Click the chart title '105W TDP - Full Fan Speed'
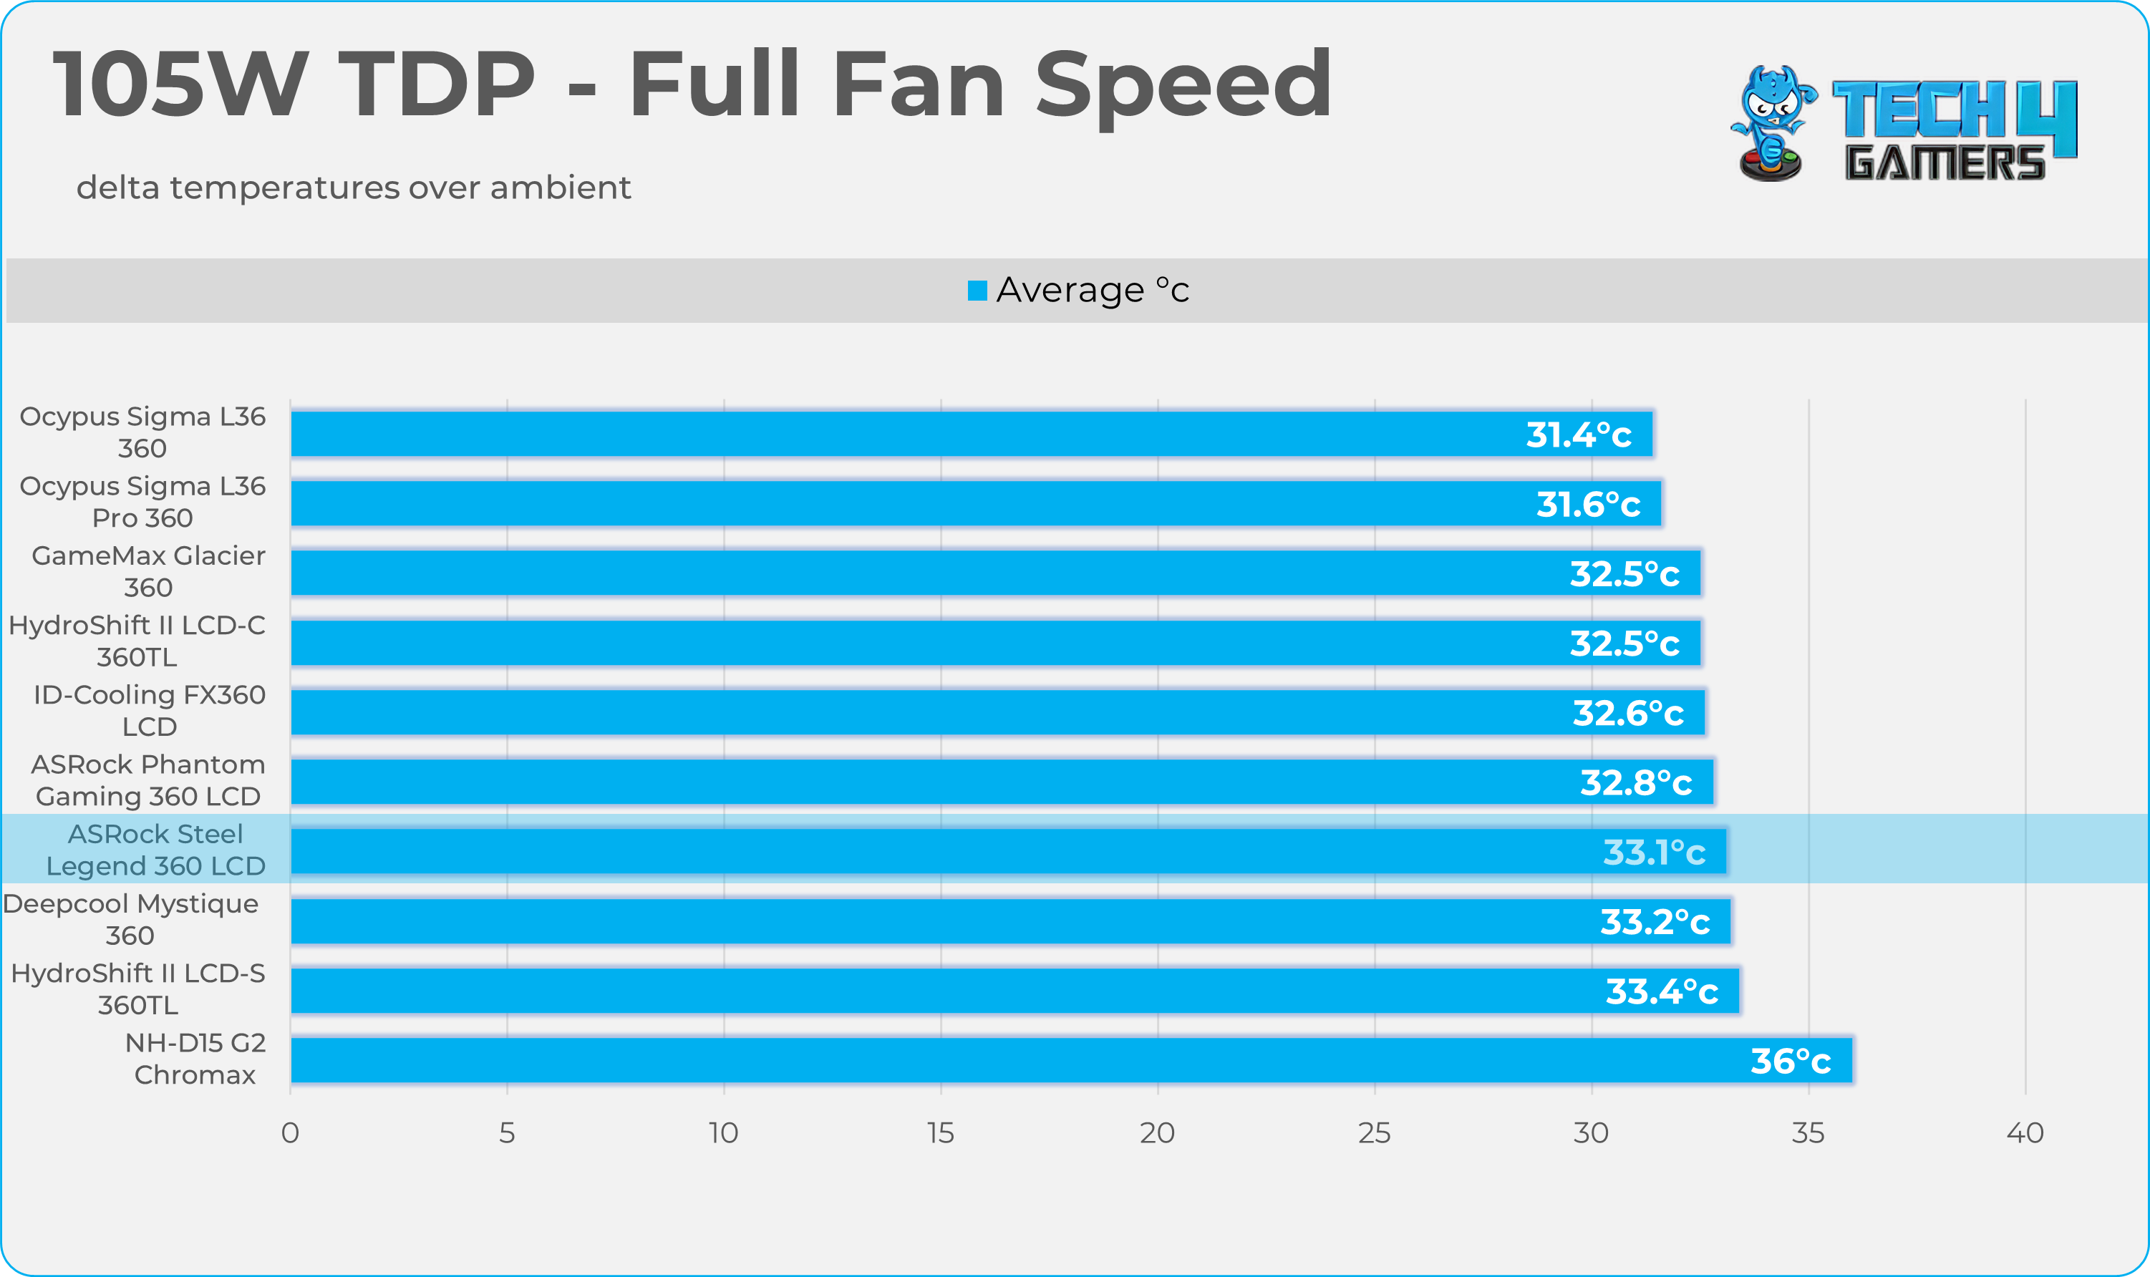[692, 84]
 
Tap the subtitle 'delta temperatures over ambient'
[354, 188]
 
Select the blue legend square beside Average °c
[977, 291]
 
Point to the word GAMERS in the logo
[1943, 163]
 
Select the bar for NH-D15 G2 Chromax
[1070, 1060]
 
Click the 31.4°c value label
[1579, 434]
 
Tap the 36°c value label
[1790, 1061]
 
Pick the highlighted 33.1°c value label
[1653, 852]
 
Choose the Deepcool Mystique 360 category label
[131, 919]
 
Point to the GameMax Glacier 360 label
[148, 571]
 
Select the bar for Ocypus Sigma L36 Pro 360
[975, 503]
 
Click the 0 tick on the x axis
[290, 1132]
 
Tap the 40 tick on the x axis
[2024, 1132]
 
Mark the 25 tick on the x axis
[1374, 1132]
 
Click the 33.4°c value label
[1661, 991]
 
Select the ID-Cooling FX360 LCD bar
[997, 712]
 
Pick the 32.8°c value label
[1635, 782]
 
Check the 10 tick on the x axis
[724, 1132]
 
